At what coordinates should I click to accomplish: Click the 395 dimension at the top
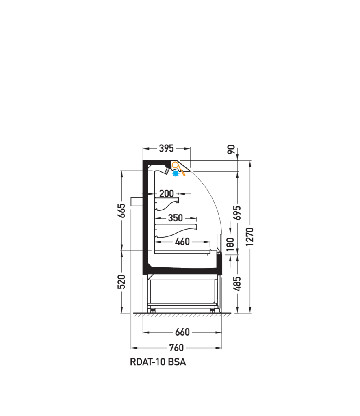click(166, 148)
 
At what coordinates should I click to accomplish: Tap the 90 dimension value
click(232, 149)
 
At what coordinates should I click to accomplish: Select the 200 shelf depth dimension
click(167, 194)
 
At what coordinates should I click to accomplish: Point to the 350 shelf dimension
click(175, 218)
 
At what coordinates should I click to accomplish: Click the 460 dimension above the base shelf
click(182, 242)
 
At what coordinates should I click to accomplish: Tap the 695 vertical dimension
click(238, 212)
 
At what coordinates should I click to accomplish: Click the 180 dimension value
click(230, 245)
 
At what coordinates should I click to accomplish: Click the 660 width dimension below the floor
click(182, 332)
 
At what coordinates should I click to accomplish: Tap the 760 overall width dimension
click(176, 348)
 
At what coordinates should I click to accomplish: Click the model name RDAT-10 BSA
click(158, 362)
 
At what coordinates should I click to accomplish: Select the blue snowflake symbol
click(176, 173)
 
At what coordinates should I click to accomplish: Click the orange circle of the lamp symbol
click(175, 165)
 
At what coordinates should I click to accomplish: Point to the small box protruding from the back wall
click(136, 201)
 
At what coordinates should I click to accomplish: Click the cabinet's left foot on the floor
click(152, 310)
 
